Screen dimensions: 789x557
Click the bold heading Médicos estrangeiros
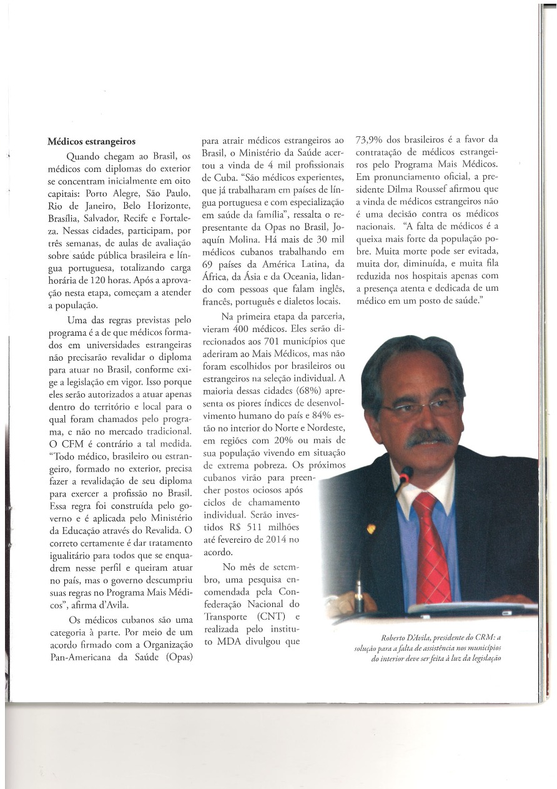(92, 142)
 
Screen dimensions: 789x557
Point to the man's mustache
(429, 438)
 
